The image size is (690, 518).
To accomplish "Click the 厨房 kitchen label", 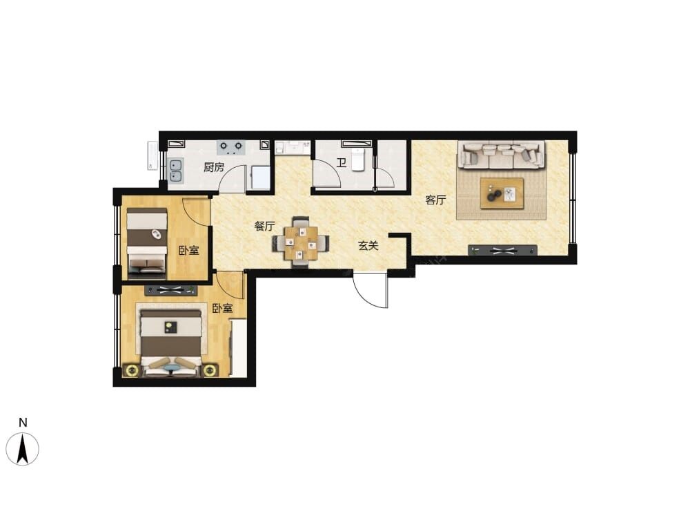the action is pyautogui.click(x=214, y=167).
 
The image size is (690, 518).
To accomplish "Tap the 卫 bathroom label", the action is pyautogui.click(x=341, y=164).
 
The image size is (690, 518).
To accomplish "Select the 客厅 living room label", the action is pyautogui.click(x=435, y=200).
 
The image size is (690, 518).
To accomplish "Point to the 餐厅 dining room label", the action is pyautogui.click(x=265, y=227).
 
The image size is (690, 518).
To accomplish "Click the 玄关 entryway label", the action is pyautogui.click(x=368, y=246).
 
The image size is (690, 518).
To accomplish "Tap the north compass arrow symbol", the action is pyautogui.click(x=23, y=448).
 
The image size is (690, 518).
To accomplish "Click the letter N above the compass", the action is pyautogui.click(x=23, y=423).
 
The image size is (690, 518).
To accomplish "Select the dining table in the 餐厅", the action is pyautogui.click(x=301, y=242).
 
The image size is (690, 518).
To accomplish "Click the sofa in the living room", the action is pyautogui.click(x=501, y=155).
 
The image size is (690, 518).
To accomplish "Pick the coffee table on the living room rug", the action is pyautogui.click(x=502, y=193).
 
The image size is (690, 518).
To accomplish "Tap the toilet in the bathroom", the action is pyautogui.click(x=357, y=160).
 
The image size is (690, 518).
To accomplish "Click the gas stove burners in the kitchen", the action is pyautogui.click(x=231, y=147).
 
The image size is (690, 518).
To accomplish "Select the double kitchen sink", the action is pyautogui.click(x=177, y=171).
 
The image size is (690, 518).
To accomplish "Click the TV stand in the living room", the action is pyautogui.click(x=502, y=251).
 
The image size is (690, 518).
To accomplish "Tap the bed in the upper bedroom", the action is pyautogui.click(x=147, y=243).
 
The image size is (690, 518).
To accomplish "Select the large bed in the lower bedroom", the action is pyautogui.click(x=170, y=343).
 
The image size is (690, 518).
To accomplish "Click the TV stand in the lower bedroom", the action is pyautogui.click(x=170, y=290).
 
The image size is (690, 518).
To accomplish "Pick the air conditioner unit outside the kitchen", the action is pyautogui.click(x=152, y=155).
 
